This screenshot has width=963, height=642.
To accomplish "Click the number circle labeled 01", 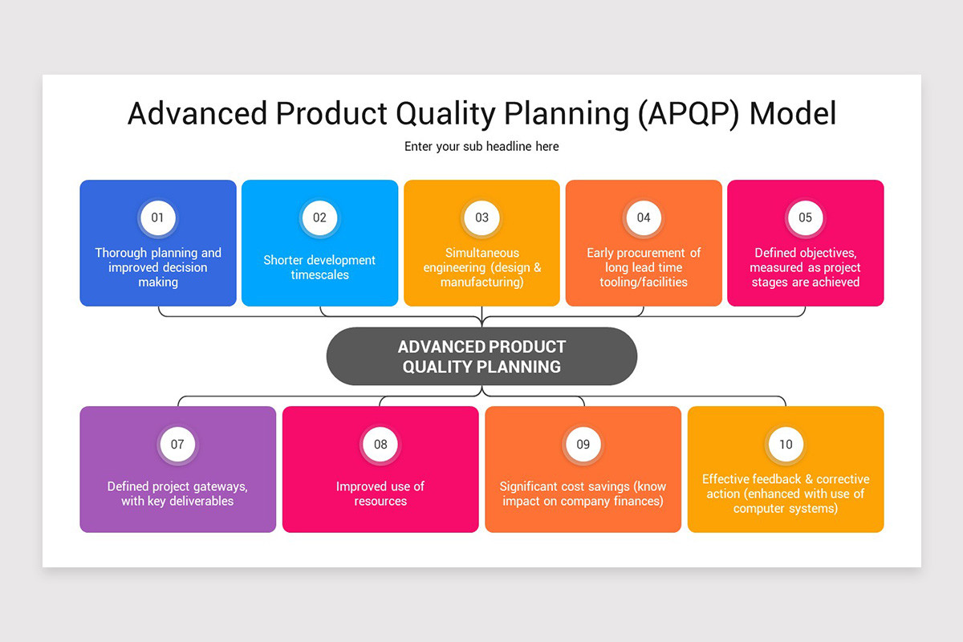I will click(157, 217).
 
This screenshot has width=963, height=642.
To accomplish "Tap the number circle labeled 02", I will click(319, 217).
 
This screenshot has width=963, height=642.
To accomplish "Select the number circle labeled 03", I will click(481, 217).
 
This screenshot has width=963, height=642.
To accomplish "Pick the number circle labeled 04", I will click(644, 217).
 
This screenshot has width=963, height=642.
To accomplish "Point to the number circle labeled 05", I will click(805, 217).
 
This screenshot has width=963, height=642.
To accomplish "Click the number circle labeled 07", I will click(177, 444).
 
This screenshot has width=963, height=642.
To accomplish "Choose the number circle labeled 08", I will click(380, 444).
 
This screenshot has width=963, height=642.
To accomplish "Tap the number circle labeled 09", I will click(583, 444).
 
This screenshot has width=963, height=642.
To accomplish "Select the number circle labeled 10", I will click(786, 444).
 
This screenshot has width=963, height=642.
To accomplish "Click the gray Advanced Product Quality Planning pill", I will click(481, 356).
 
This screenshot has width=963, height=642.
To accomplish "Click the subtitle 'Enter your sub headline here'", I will click(481, 146).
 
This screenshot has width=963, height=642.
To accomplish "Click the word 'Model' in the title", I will click(793, 114).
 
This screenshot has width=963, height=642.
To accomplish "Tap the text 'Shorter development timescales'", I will click(319, 267).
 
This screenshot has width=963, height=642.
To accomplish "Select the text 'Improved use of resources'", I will click(380, 494).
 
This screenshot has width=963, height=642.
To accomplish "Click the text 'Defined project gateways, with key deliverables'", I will click(177, 494).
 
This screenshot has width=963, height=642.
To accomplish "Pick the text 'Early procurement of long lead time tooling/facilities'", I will click(644, 267).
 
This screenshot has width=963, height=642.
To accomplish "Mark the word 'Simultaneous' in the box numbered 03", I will click(482, 253).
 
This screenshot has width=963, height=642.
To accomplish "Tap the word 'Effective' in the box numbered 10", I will click(727, 479).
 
